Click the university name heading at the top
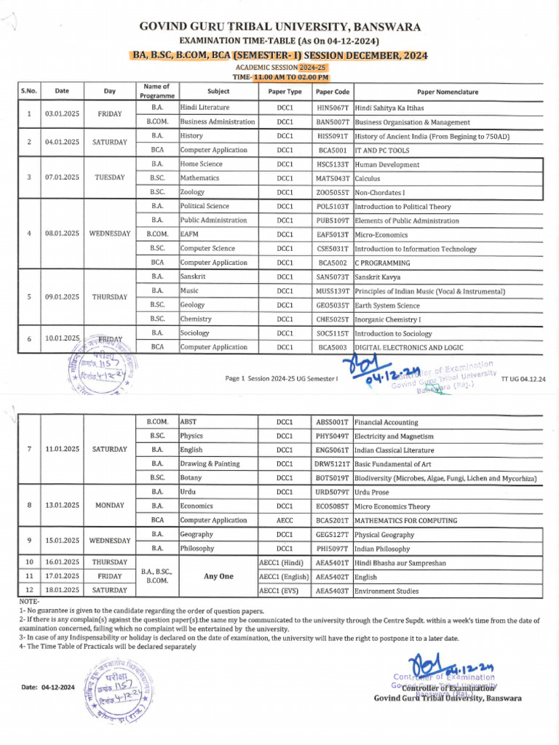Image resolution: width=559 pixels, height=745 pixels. click(x=279, y=27)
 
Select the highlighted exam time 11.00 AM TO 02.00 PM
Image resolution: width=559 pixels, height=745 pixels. click(x=290, y=77)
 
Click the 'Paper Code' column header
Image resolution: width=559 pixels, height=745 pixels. click(x=333, y=92)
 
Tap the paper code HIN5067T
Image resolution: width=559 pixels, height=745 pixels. click(x=333, y=108)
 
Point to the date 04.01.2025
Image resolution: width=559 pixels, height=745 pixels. click(x=62, y=143)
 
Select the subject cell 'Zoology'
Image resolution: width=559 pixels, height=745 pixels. click(x=193, y=192)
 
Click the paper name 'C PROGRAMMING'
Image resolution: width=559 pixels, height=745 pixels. click(x=382, y=263)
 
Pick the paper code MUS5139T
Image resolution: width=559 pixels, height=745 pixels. click(x=333, y=291)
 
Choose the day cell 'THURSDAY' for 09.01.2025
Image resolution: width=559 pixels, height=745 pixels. click(x=109, y=298)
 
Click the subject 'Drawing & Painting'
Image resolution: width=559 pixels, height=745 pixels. click(x=210, y=464)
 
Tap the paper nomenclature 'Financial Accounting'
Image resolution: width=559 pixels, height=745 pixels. click(x=386, y=422)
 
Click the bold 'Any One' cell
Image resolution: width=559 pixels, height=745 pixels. click(x=218, y=577)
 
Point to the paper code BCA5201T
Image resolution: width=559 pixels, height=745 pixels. click(x=333, y=521)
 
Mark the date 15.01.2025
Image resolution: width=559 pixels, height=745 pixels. click(x=62, y=541)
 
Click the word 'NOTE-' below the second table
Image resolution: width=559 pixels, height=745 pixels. click(x=30, y=602)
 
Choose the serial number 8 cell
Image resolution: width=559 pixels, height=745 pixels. click(x=28, y=506)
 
